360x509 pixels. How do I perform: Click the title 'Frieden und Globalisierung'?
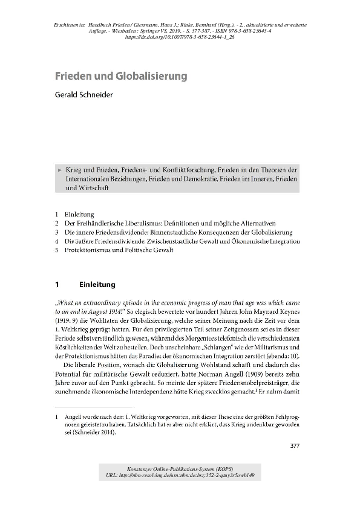click(x=120, y=77)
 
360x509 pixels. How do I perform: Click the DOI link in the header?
click(x=180, y=37)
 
